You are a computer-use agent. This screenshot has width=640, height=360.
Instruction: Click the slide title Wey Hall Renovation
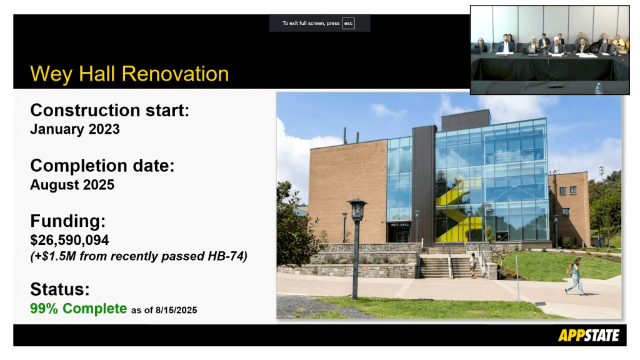[x=129, y=74]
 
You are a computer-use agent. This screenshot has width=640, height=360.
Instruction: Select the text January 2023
[x=75, y=129]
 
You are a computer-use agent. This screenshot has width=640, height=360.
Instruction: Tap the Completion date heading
[x=102, y=166]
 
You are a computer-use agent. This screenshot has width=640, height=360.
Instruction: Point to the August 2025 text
[x=72, y=185]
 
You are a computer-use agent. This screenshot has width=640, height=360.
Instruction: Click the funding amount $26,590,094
[x=69, y=240]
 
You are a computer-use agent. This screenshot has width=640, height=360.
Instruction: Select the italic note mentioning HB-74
[x=139, y=256]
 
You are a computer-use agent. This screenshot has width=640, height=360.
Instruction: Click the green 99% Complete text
[x=78, y=309]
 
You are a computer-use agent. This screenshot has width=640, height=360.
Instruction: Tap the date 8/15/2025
[x=176, y=310]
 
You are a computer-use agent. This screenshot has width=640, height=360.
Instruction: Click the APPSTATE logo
[x=589, y=336]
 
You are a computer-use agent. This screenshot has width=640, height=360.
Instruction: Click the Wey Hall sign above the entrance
[x=400, y=225]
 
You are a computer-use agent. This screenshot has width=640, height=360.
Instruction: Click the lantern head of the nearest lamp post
[x=357, y=209]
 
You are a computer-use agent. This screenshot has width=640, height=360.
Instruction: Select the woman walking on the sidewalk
[x=575, y=276]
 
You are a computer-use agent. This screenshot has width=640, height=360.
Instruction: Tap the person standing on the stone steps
[x=472, y=265]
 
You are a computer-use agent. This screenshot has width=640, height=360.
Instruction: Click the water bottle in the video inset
[x=598, y=89]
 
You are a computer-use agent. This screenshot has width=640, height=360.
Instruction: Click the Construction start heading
[x=110, y=111]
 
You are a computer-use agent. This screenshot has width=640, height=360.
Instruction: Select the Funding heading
[x=67, y=221]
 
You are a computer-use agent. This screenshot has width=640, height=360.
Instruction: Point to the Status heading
[x=60, y=289]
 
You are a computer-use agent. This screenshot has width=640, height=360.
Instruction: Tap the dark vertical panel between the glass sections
[x=424, y=186]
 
